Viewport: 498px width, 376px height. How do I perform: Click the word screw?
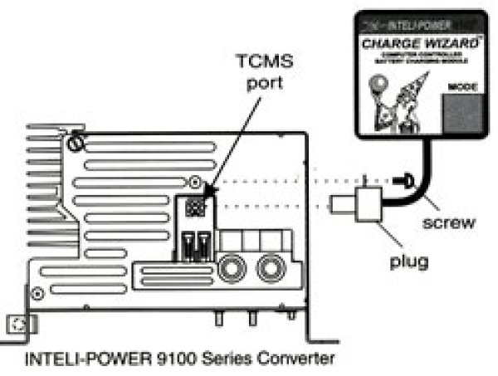[x=448, y=222]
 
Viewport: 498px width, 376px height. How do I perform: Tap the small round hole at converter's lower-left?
[x=37, y=294]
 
